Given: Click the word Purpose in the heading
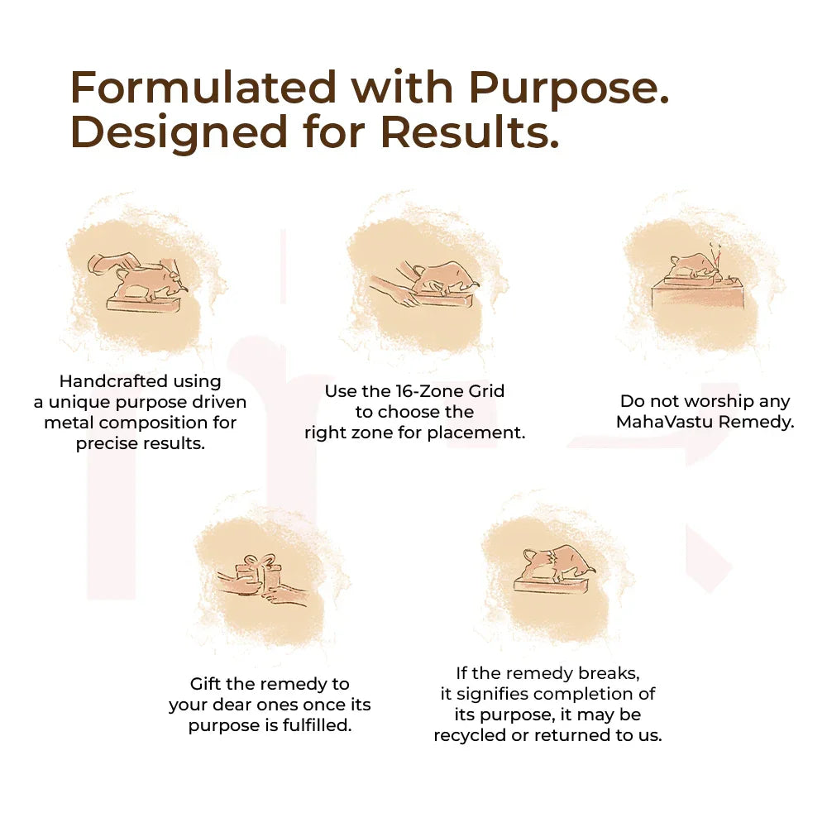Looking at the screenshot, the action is point(569,88).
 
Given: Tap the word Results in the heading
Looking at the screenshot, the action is point(469,131).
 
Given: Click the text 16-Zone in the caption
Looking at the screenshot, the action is point(423,391).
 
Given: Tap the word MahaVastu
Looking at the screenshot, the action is point(665,422).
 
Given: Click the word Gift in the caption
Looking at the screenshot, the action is point(204,684).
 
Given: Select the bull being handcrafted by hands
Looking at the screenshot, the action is point(151,280).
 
